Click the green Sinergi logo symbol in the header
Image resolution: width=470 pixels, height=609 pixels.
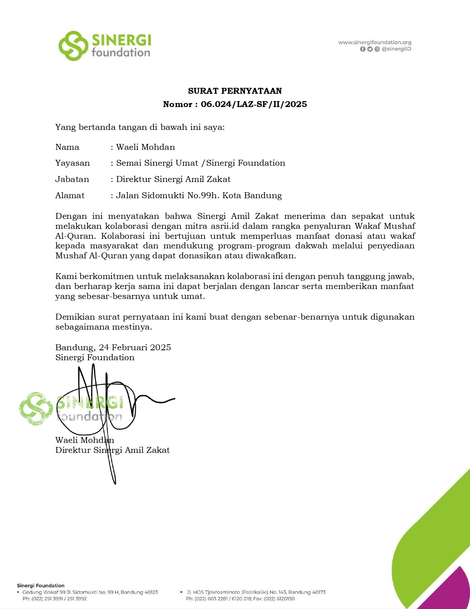tap(73, 46)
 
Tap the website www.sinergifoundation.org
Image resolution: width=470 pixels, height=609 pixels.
tap(375, 42)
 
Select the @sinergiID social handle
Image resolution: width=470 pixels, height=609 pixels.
tap(396, 49)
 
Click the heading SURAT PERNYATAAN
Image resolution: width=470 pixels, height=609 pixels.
tap(235, 91)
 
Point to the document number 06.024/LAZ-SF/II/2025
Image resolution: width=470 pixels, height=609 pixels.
tap(254, 104)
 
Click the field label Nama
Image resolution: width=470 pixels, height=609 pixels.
tap(67, 147)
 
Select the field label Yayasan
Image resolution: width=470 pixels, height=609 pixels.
tap(72, 163)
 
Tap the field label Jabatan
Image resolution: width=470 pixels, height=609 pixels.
tap(72, 179)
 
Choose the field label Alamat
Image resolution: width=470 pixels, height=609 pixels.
tap(70, 196)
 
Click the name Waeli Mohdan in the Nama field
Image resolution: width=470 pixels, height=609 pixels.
tap(146, 147)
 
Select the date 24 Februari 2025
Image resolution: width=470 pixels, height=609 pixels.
tap(135, 348)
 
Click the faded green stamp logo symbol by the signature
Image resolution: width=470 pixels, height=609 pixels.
tap(36, 409)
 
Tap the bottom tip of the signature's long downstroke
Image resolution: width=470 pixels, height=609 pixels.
tap(115, 483)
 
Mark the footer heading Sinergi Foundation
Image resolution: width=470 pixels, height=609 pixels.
tap(41, 585)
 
